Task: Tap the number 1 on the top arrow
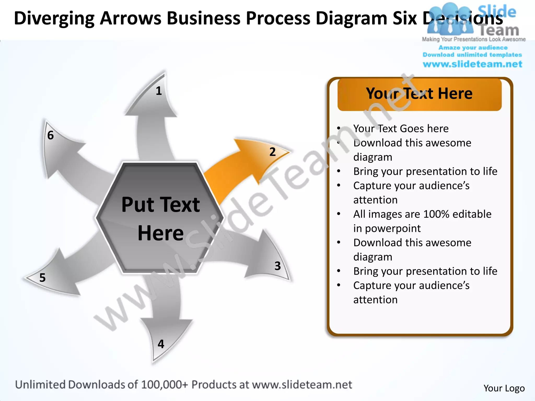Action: click(159, 91)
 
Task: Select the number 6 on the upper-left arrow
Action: click(50, 135)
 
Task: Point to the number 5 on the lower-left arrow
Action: click(42, 278)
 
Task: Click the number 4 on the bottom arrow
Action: click(161, 344)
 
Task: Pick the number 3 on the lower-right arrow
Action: click(277, 266)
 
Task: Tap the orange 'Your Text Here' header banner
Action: click(419, 94)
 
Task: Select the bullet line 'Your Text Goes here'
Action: click(401, 128)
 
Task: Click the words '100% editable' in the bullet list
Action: click(457, 214)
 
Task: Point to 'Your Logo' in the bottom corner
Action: click(504, 388)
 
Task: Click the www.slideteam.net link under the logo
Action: click(472, 64)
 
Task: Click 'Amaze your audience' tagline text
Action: click(473, 48)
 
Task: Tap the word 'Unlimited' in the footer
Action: click(40, 385)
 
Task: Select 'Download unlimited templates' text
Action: click(472, 55)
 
